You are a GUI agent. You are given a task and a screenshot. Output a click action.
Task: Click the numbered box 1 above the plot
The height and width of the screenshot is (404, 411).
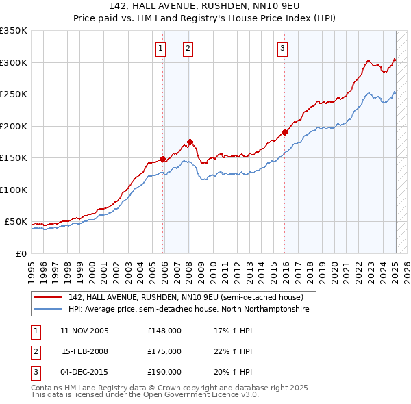click(x=160, y=48)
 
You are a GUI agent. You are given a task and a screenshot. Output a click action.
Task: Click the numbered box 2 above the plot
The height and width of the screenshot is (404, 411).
click(x=187, y=48)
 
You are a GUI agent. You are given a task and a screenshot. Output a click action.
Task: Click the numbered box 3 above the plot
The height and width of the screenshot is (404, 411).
click(x=282, y=48)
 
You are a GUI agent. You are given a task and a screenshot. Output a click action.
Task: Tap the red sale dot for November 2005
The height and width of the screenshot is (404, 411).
click(x=163, y=159)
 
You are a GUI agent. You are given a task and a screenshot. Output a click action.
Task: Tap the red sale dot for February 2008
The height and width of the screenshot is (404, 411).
click(x=190, y=142)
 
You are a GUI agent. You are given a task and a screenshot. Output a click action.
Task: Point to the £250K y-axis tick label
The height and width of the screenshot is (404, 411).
click(x=14, y=94)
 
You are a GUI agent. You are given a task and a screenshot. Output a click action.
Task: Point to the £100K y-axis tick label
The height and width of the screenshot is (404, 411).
click(x=14, y=190)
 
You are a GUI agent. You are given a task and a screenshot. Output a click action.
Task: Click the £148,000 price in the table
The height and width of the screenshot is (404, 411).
click(x=164, y=331)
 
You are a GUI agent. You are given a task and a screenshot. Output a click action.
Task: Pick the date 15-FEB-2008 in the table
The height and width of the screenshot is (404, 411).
click(x=85, y=351)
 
